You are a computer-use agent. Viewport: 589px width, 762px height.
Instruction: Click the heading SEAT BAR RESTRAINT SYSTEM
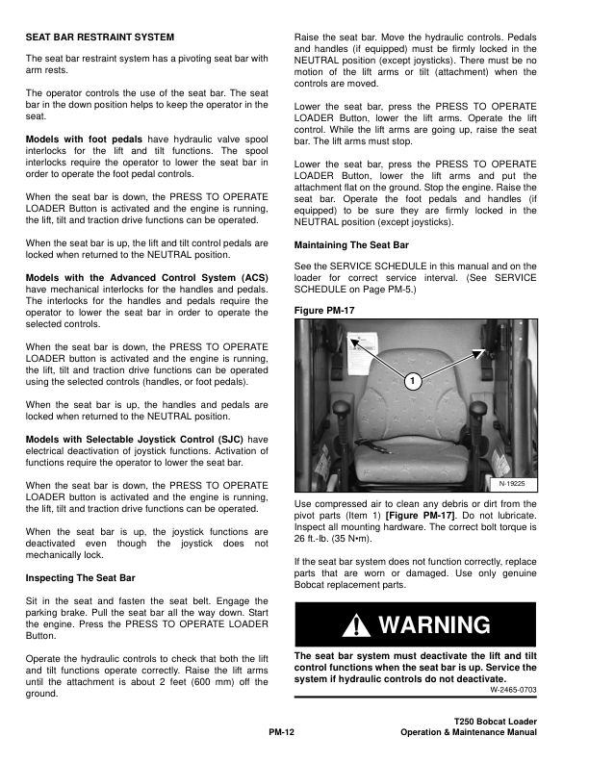pos(100,37)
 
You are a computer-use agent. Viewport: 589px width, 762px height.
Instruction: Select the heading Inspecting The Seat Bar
pos(81,577)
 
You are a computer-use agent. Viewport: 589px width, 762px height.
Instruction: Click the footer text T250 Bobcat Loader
pos(494,722)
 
